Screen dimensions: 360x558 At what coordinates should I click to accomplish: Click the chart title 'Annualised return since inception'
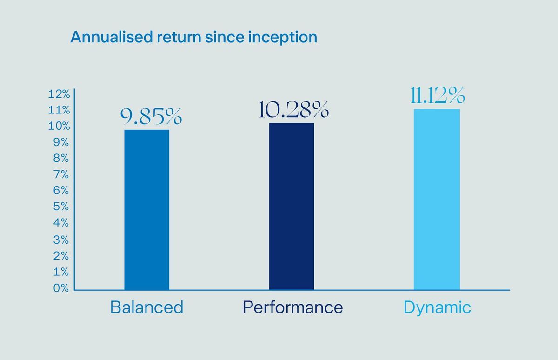(193, 37)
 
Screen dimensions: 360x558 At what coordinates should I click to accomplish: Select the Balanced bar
(146, 210)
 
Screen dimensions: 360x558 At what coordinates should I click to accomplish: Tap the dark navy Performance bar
(292, 207)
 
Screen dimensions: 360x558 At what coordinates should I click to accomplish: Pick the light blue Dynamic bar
(437, 200)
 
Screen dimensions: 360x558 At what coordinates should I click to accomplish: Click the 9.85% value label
(151, 117)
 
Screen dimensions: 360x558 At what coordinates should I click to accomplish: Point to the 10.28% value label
(294, 110)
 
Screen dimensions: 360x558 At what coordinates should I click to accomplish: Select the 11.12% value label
(437, 96)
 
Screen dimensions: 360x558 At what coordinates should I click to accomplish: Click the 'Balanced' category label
(146, 307)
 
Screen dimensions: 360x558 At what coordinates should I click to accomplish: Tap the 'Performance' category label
(292, 307)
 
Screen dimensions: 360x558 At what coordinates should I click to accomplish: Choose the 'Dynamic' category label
(437, 307)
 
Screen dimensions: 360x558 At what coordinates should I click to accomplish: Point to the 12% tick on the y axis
(59, 94)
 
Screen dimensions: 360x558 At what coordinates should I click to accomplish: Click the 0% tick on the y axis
(61, 288)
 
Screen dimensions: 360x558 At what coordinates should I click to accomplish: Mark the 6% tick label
(61, 191)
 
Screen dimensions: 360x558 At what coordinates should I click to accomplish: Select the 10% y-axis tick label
(59, 127)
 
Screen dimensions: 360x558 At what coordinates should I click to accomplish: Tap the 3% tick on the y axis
(61, 240)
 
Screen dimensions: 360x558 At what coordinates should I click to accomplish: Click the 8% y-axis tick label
(61, 159)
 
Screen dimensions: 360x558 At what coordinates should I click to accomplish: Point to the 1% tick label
(61, 272)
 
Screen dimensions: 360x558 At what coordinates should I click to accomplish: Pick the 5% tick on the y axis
(61, 207)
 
